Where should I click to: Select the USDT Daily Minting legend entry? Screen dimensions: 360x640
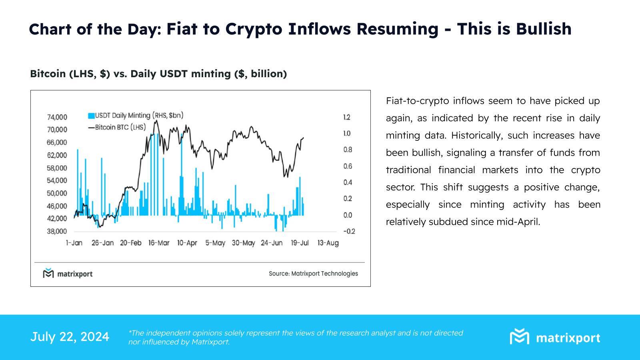click(x=135, y=116)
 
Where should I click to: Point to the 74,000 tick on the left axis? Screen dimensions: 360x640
click(x=57, y=117)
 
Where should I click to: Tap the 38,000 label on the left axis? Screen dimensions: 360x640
click(x=57, y=231)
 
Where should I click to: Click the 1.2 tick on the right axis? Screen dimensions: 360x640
click(x=346, y=117)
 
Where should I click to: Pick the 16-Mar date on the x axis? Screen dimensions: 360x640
click(x=159, y=243)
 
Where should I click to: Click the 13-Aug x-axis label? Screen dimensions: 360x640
click(x=328, y=243)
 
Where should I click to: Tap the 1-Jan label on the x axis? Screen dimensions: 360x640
click(x=74, y=243)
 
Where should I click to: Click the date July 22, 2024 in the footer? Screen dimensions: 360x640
click(x=70, y=337)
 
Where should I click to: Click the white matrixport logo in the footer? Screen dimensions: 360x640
click(x=555, y=337)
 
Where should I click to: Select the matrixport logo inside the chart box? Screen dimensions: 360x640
click(x=68, y=274)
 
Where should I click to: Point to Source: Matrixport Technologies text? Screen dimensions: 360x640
click(x=313, y=274)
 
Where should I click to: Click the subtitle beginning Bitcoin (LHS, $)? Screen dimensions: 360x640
click(x=158, y=74)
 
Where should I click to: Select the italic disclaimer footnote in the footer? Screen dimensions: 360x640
click(x=295, y=337)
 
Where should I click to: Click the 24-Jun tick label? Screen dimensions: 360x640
click(x=272, y=243)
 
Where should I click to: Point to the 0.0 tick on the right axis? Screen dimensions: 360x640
click(x=347, y=215)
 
